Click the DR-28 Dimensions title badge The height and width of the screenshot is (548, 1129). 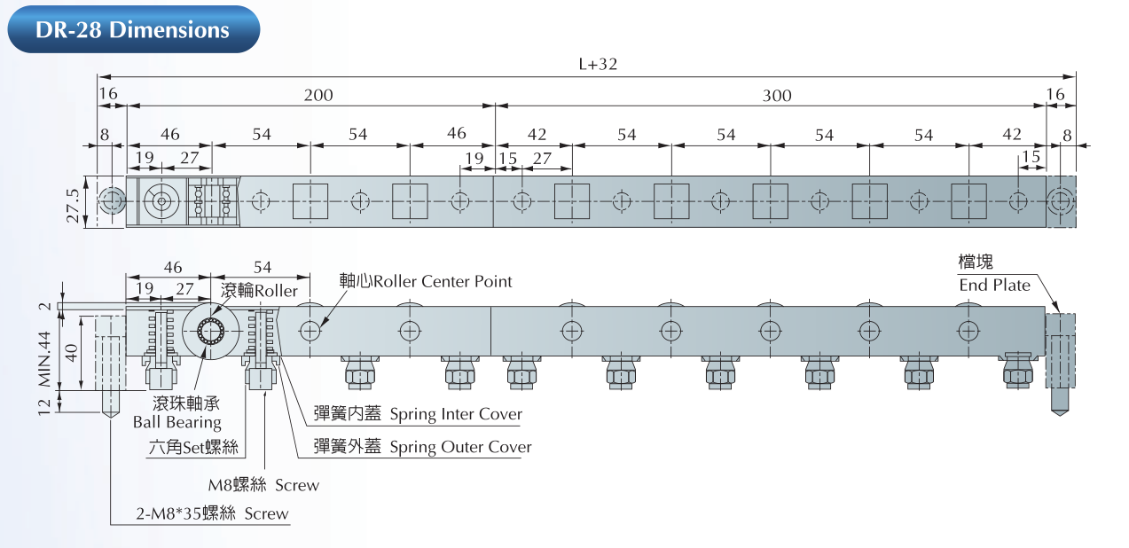coord(132,29)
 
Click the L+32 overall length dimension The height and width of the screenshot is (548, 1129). coord(597,64)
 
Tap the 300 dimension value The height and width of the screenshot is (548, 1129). coord(776,95)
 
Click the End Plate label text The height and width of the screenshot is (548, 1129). coord(994,285)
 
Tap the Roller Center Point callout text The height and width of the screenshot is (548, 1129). coord(426,281)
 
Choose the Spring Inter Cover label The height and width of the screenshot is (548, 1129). coord(419,414)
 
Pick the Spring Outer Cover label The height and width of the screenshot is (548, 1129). coord(423,447)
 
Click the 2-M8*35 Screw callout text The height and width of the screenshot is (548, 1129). coord(212,513)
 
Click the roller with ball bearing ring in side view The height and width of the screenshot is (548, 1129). coord(211,332)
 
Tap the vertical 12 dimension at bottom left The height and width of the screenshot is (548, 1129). coord(45,400)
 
